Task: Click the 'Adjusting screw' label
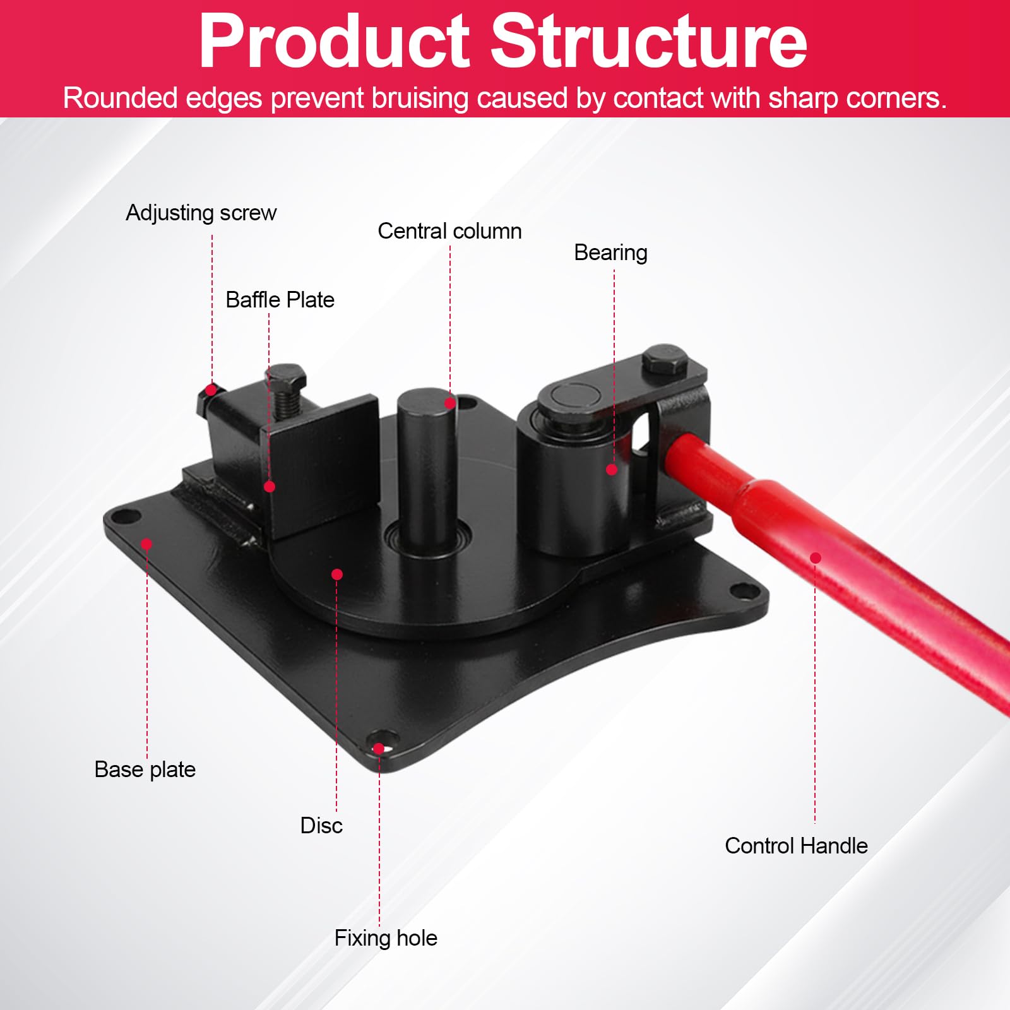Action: [201, 213]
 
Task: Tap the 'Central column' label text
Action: [449, 231]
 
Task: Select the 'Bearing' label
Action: [610, 252]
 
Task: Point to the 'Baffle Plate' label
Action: [280, 299]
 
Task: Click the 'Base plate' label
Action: [145, 769]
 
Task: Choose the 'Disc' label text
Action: [321, 825]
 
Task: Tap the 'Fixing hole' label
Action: [386, 938]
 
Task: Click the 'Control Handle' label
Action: [796, 845]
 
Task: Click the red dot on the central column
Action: [450, 403]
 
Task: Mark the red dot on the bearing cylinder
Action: [612, 470]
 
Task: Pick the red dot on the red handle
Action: [816, 558]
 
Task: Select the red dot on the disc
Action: [337, 574]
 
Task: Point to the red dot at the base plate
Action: [146, 544]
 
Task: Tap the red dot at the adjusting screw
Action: [211, 391]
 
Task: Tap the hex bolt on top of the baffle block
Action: [287, 377]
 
